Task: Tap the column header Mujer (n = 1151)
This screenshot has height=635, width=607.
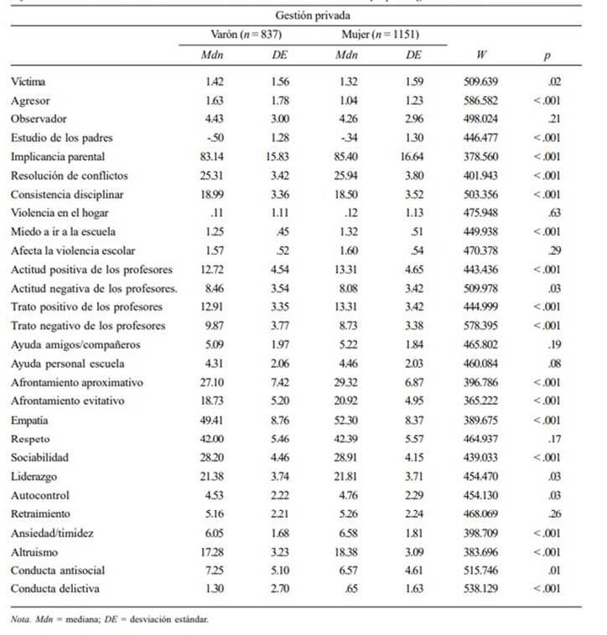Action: click(379, 34)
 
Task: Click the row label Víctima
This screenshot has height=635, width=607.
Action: click(29, 81)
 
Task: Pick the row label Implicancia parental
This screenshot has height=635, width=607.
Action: click(59, 156)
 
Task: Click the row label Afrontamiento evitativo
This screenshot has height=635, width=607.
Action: click(68, 400)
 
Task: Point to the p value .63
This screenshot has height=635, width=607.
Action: click(553, 212)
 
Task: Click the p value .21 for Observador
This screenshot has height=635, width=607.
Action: click(553, 118)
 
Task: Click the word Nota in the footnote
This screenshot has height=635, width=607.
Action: click(21, 620)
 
